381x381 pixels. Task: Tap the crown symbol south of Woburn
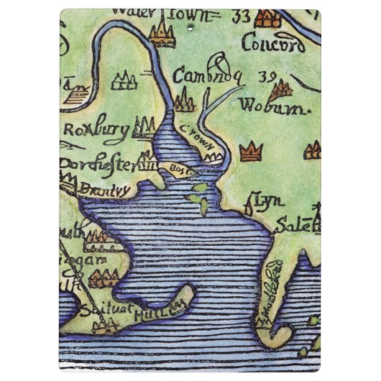point(250,151)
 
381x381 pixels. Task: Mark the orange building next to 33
point(269,18)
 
